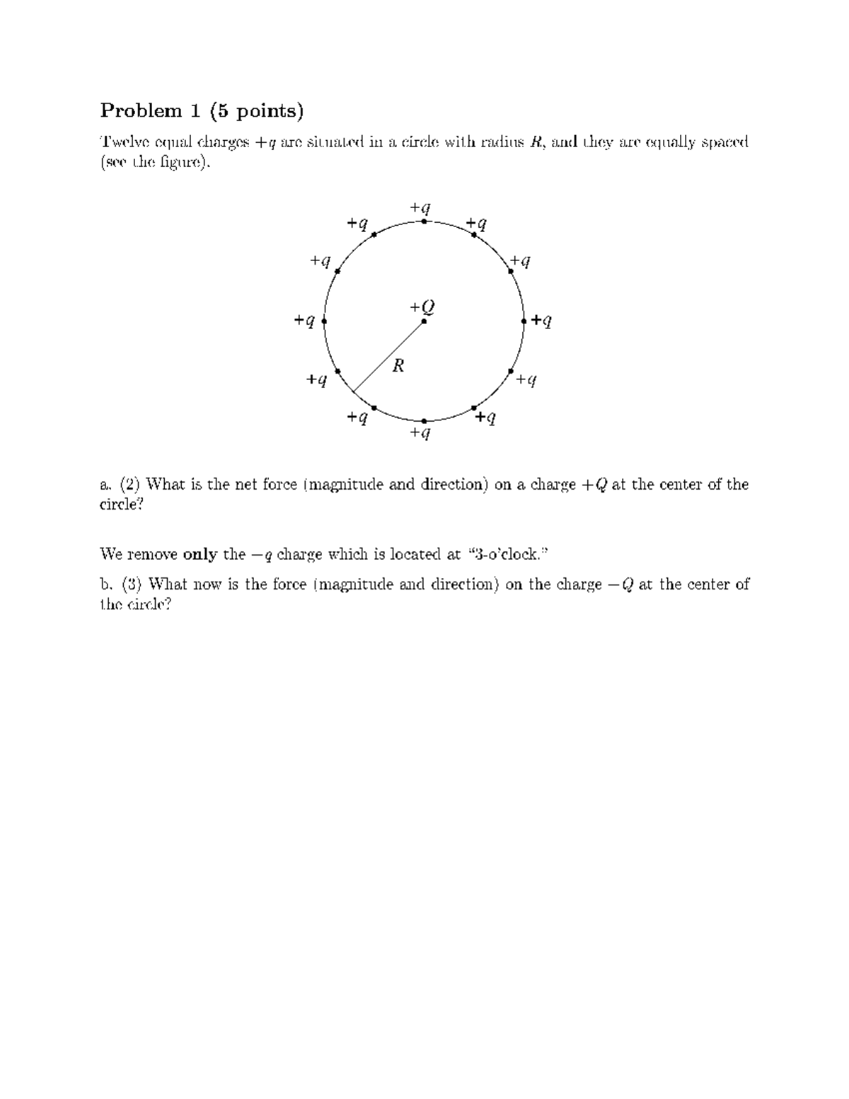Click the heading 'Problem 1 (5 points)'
(x=202, y=110)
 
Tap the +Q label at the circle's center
(x=422, y=307)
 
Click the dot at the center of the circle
(x=424, y=321)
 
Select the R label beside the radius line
(x=398, y=365)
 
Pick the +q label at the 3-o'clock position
(x=542, y=321)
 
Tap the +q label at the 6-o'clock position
(x=420, y=432)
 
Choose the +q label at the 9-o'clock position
(x=304, y=321)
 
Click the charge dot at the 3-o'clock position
(x=524, y=321)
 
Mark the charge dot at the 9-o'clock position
(x=324, y=321)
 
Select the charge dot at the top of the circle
(x=424, y=221)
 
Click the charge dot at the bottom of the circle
(x=424, y=421)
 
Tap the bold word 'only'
(x=200, y=554)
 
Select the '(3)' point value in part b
(x=132, y=585)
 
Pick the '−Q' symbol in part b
(x=618, y=585)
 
